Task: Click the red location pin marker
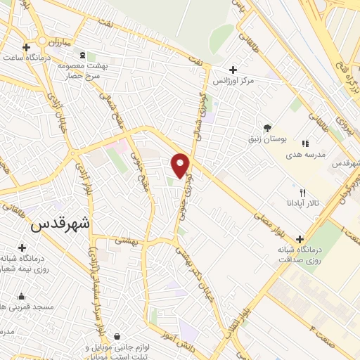click(x=181, y=165)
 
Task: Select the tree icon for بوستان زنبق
click(x=267, y=127)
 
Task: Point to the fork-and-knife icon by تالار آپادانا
click(x=302, y=193)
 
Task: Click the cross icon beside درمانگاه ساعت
click(x=26, y=48)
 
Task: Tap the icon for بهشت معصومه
click(x=82, y=55)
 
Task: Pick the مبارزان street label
click(x=56, y=42)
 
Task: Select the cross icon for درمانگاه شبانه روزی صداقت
click(x=301, y=239)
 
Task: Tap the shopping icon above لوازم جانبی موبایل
click(x=115, y=337)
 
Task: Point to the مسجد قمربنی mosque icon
click(x=21, y=296)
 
